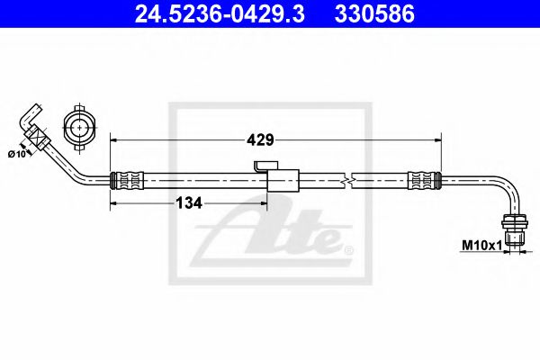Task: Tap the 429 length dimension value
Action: point(262,139)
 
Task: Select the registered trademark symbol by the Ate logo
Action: point(348,248)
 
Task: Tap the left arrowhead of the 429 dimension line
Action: point(113,139)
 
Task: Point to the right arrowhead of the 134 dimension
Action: point(265,202)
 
